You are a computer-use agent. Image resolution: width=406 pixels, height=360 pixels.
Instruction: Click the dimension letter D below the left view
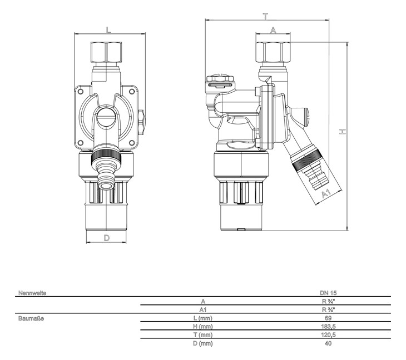(x=107, y=238)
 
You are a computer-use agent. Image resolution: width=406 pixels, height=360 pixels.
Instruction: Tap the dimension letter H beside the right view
(x=343, y=132)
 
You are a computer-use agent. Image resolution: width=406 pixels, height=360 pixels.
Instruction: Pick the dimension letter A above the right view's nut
(x=273, y=31)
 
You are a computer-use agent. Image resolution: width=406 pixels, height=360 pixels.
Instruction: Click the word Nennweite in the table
(x=32, y=292)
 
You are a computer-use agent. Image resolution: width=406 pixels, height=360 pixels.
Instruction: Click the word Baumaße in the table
(x=31, y=318)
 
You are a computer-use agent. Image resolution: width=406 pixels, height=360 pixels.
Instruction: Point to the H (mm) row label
(x=202, y=327)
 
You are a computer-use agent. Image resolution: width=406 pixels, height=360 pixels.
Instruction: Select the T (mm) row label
(x=202, y=335)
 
